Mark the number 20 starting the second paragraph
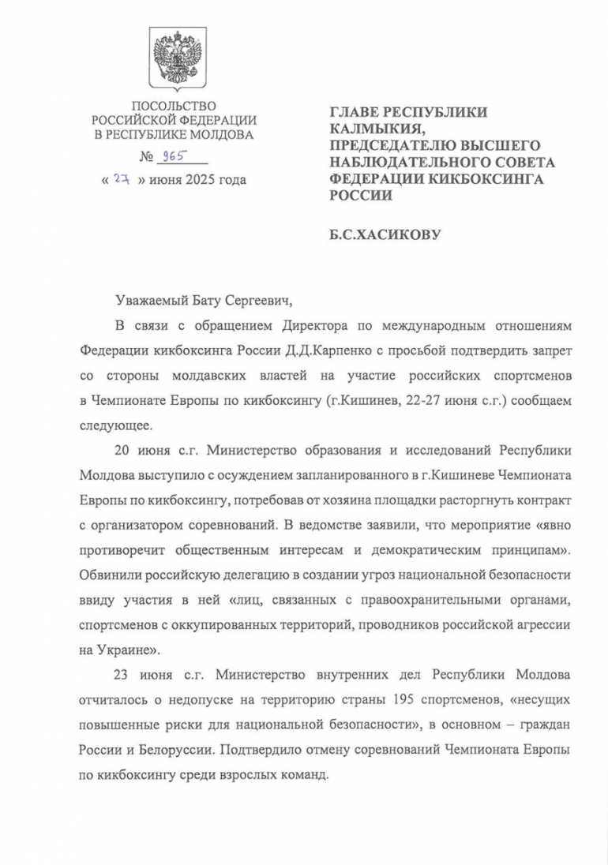[x=122, y=451]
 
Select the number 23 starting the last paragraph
[x=122, y=675]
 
